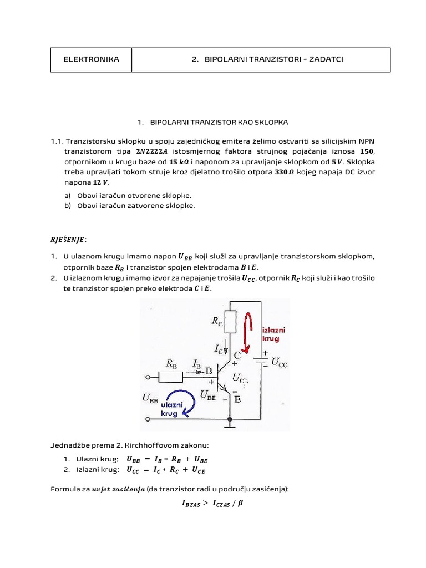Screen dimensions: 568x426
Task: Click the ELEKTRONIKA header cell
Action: pos(92,59)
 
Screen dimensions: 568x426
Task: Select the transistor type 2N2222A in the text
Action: pos(160,151)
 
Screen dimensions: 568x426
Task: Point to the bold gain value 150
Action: pos(367,151)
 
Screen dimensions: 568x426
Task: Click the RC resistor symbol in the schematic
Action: pos(231,322)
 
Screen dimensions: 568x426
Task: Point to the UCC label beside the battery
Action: pos(279,363)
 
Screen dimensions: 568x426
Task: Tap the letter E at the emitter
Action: pos(237,399)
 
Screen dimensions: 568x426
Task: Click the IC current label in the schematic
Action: pos(220,348)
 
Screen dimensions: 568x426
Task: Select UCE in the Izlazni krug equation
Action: pos(199,470)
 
